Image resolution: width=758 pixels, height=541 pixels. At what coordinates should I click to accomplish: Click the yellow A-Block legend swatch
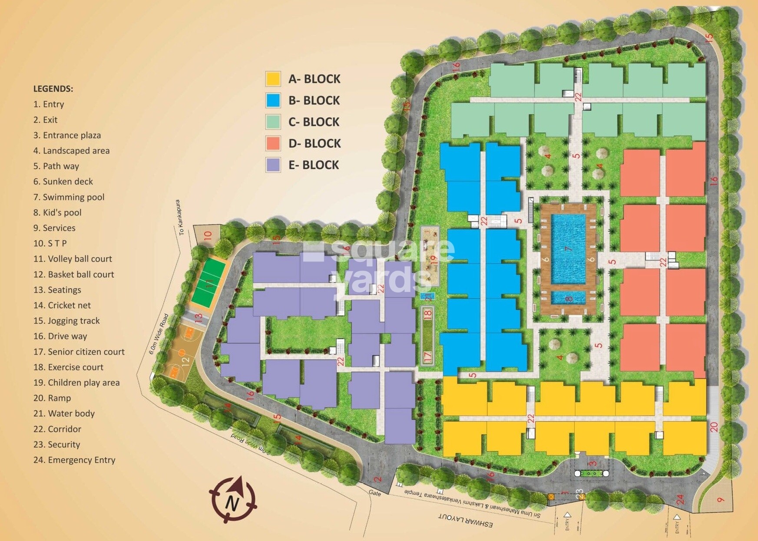tap(273, 79)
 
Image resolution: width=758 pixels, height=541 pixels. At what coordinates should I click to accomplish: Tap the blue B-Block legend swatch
tap(273, 100)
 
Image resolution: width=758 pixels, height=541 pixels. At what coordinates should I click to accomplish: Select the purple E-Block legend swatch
tap(273, 165)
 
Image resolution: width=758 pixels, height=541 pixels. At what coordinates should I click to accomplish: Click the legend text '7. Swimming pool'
tap(69, 197)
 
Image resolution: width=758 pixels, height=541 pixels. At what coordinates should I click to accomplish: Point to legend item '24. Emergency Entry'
tap(74, 460)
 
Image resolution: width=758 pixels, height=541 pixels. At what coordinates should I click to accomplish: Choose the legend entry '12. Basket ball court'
tap(73, 275)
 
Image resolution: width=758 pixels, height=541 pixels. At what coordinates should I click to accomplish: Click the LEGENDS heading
tap(53, 89)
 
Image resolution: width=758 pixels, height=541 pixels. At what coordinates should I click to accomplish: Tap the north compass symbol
tap(233, 500)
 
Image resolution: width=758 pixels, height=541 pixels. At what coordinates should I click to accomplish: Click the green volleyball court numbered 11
tap(209, 282)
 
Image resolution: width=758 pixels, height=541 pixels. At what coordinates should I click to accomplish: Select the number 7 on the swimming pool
tap(568, 249)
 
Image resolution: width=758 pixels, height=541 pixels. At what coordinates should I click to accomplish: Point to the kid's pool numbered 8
tap(569, 299)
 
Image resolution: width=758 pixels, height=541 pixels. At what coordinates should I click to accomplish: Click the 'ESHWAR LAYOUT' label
tap(466, 520)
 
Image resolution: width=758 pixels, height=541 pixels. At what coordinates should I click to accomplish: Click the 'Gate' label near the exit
tap(374, 493)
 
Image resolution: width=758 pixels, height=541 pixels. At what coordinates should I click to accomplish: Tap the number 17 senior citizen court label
tap(427, 357)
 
